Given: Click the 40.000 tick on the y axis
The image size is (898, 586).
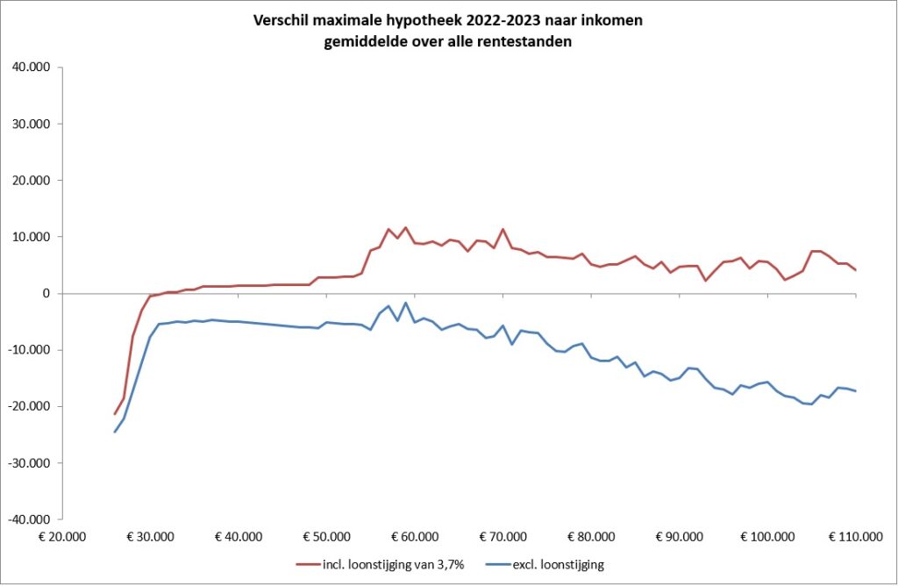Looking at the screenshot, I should (x=33, y=68).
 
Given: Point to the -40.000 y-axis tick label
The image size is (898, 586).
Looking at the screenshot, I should (x=32, y=519).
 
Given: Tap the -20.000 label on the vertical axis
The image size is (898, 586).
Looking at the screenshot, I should (x=32, y=406).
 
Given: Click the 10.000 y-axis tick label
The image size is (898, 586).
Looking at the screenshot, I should (x=33, y=237).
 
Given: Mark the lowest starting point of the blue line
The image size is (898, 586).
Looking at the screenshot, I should (x=115, y=432).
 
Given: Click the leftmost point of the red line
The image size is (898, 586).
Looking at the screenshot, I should (x=115, y=414).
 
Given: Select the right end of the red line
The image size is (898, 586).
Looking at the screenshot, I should (x=855, y=270).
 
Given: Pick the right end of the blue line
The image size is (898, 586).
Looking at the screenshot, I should (x=855, y=391).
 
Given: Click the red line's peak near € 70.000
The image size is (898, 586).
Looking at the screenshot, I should (x=502, y=230).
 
